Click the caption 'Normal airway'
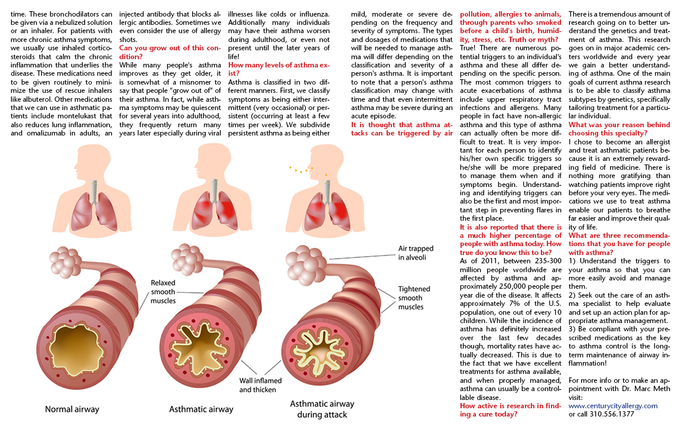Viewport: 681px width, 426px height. pos(72,409)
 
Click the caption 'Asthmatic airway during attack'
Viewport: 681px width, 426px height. pos(322,409)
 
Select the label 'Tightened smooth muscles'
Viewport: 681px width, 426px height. pos(414,298)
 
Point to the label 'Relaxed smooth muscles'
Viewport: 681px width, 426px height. pos(163,292)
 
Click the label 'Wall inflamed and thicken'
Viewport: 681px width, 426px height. pos(260,385)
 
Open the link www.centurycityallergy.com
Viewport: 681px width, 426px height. pos(612,406)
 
